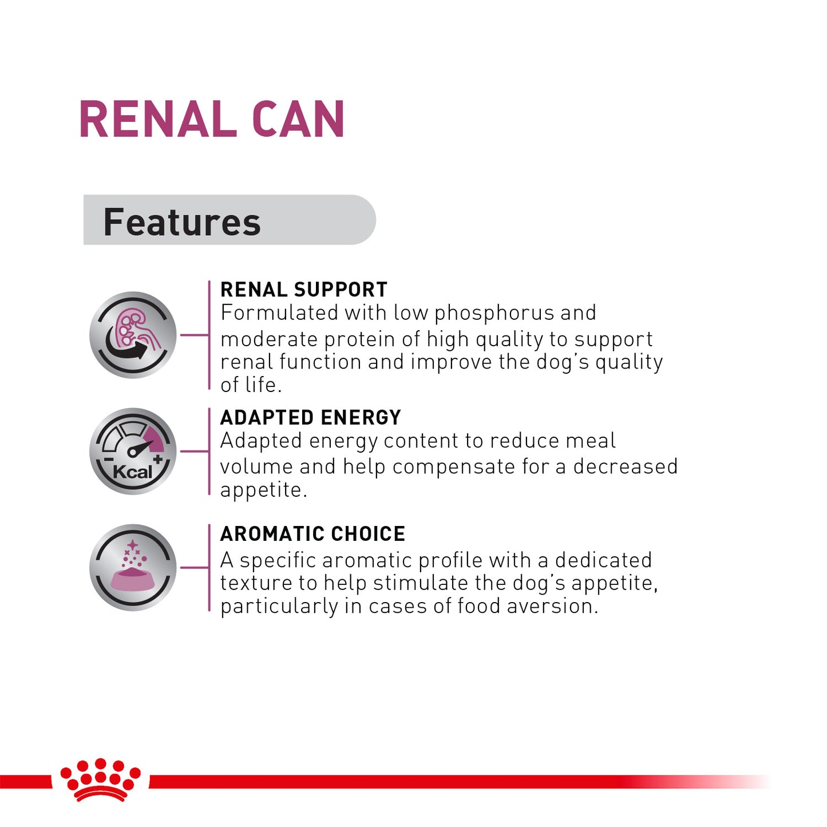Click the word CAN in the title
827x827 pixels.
click(298, 120)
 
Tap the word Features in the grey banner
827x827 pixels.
click(181, 222)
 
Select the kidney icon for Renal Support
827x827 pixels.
click(133, 335)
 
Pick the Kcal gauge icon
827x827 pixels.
click(133, 451)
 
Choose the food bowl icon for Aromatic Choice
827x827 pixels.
click(133, 567)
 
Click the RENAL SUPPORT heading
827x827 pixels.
click(304, 290)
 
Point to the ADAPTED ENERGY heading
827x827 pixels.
click(311, 418)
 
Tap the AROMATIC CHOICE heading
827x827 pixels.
click(312, 534)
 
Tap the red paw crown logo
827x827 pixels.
click(101, 778)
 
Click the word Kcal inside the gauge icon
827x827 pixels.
click(133, 472)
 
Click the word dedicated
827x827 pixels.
click(603, 560)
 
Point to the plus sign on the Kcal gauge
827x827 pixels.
click(158, 459)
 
